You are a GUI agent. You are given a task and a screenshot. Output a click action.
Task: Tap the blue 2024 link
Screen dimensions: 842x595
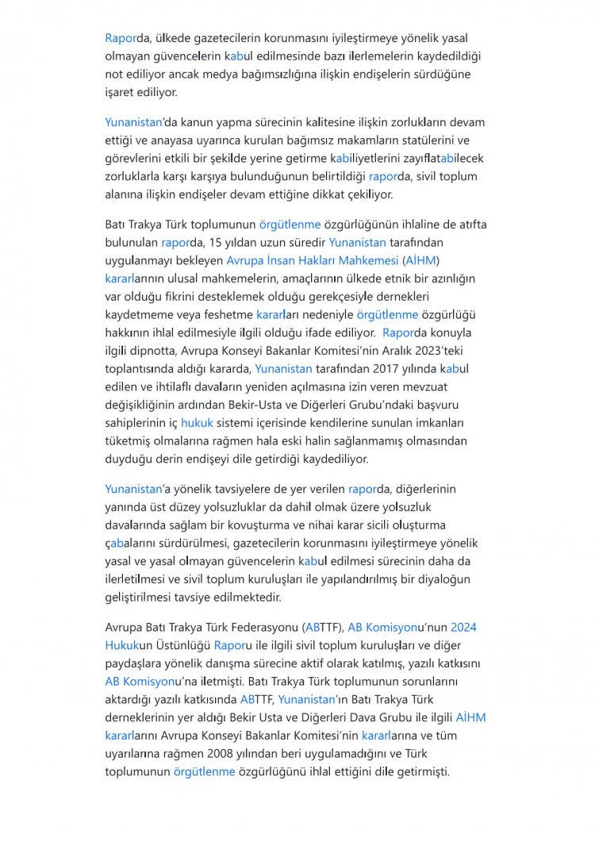463,627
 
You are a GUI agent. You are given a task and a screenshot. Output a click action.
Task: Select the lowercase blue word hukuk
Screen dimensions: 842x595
197,423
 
